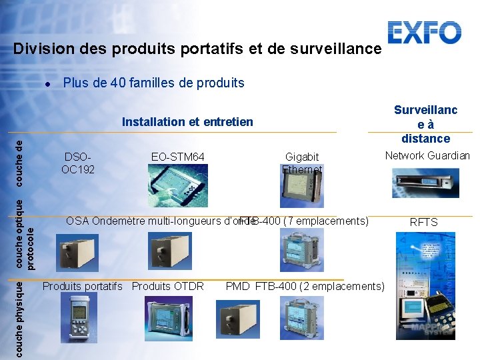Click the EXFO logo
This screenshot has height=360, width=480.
[425, 33]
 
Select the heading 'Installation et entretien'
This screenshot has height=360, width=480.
[187, 121]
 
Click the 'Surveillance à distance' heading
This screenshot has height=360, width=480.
[425, 124]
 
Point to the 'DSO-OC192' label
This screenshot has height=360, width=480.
[78, 163]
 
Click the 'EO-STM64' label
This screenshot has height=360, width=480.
[177, 157]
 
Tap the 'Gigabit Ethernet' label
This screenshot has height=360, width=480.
[302, 163]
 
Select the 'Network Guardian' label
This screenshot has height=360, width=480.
[427, 155]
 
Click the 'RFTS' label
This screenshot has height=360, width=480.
[423, 222]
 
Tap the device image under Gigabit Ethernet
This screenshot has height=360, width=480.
[300, 189]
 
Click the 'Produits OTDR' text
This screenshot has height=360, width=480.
[168, 287]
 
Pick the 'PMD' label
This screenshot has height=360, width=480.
[237, 287]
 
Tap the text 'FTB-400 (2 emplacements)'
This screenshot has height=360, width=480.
[320, 287]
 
